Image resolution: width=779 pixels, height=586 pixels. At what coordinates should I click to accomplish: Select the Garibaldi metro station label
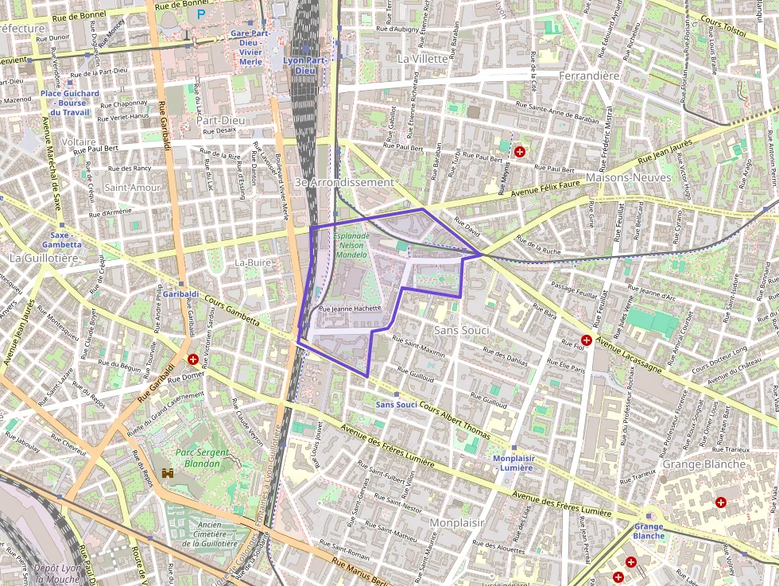pos(181,293)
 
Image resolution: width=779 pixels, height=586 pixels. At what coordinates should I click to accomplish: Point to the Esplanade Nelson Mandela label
pos(351,246)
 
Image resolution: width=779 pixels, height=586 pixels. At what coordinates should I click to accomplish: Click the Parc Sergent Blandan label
pos(198,458)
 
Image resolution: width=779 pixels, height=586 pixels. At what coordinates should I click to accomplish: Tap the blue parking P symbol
pos(201,14)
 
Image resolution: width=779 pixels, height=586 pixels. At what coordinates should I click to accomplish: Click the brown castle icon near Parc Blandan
pos(168,472)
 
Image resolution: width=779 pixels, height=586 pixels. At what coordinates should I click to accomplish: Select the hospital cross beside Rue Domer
pos(192,359)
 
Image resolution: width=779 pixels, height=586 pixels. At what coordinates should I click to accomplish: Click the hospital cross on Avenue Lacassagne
pos(586,340)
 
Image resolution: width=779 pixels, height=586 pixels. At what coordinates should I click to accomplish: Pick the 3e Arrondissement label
pos(344,182)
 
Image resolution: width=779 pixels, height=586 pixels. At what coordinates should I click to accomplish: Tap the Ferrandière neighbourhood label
pos(589,76)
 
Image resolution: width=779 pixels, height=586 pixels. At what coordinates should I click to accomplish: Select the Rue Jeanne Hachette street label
pos(350,309)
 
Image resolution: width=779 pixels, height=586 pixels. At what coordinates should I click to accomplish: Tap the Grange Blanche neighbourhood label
pos(693,464)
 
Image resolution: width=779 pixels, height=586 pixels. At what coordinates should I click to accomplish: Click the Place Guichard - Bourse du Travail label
pos(70,103)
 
